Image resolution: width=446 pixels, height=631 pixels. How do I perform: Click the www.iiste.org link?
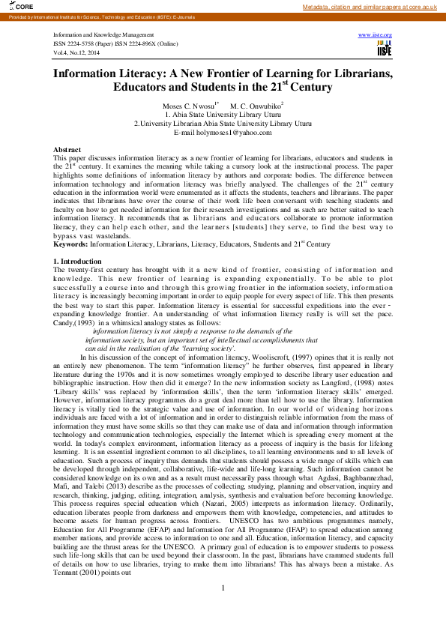coord(376,35)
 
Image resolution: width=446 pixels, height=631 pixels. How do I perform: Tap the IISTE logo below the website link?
coord(384,48)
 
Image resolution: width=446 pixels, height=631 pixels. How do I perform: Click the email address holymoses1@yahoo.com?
coord(222,132)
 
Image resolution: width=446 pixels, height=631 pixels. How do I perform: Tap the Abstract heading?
coord(67,150)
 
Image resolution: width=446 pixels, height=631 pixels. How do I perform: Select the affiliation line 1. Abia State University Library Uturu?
coord(223,114)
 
